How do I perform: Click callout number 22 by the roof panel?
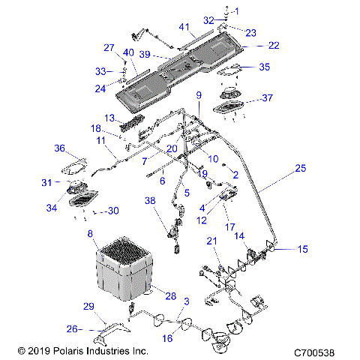tap(273, 46)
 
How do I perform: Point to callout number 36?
tap(59, 149)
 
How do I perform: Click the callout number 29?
tap(88, 307)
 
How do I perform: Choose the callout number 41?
tap(183, 26)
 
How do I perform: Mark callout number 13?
tap(109, 118)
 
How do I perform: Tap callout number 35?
tap(263, 67)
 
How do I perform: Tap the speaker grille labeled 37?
tap(235, 107)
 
